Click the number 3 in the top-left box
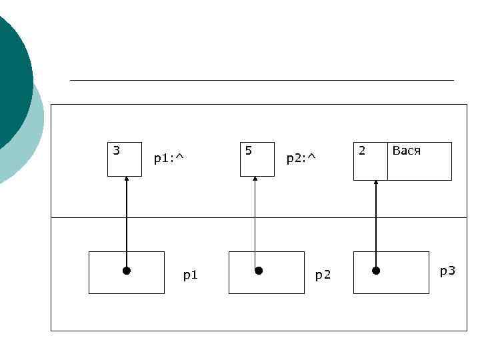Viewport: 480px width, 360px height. click(x=117, y=151)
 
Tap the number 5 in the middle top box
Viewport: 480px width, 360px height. click(x=249, y=151)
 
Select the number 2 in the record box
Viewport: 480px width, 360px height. click(x=362, y=151)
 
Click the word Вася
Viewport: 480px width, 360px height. click(x=406, y=151)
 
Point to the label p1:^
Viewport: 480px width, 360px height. click(x=168, y=159)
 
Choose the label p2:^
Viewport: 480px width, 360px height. click(x=301, y=159)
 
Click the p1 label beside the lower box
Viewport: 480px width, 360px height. click(x=190, y=275)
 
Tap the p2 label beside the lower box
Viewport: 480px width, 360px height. click(x=323, y=275)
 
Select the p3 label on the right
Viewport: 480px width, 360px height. click(x=447, y=271)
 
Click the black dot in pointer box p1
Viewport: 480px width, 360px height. click(x=126, y=271)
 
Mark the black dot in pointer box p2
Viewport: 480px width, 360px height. click(x=259, y=271)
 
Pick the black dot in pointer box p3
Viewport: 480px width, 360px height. click(x=376, y=271)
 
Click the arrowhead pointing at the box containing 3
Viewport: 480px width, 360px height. click(x=126, y=179)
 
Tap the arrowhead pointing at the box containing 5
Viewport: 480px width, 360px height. click(x=255, y=179)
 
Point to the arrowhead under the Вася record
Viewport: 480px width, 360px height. click(x=376, y=183)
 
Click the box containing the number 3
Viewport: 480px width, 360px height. click(x=125, y=164)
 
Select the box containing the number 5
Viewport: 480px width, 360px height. click(x=257, y=164)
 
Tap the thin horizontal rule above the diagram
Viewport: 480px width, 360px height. click(x=261, y=80)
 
